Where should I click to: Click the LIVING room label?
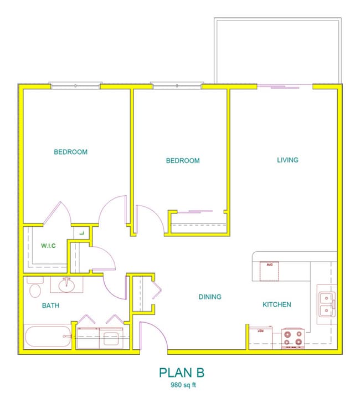[x=287, y=160]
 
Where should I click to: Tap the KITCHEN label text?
[x=276, y=304]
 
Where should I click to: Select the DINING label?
[x=210, y=297]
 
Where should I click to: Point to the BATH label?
[x=50, y=306]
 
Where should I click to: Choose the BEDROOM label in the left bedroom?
[x=70, y=152]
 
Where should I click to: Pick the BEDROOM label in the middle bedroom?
[x=183, y=161]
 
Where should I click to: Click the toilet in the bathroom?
[x=35, y=289]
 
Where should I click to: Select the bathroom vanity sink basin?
[x=66, y=284]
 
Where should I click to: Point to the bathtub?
[x=48, y=337]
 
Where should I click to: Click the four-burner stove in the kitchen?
[x=293, y=338]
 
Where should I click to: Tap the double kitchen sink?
[x=325, y=304]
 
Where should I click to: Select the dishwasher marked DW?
[x=270, y=271]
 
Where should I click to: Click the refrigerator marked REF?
[x=260, y=337]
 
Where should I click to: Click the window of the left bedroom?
[x=75, y=85]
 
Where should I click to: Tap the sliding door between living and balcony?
[x=285, y=86]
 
